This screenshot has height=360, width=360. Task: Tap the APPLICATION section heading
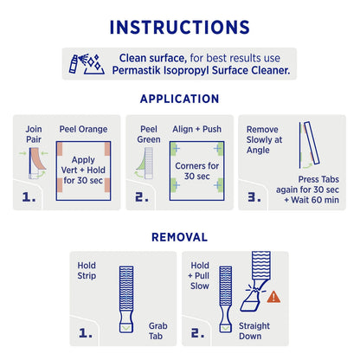179,98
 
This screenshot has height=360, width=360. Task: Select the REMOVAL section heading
179,236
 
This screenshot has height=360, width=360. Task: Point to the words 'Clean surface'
145,56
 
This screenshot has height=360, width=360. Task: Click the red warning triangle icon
274,297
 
